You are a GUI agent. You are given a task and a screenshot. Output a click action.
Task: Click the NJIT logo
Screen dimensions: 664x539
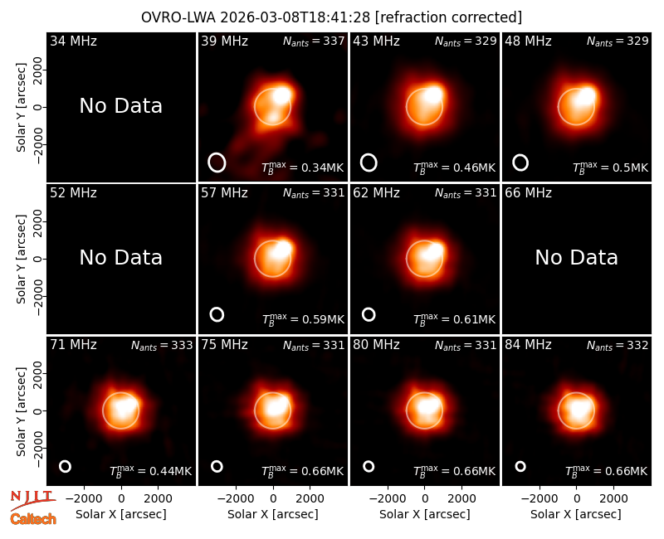pos(32,500)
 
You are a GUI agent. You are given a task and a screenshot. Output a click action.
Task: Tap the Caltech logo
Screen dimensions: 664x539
pos(33,519)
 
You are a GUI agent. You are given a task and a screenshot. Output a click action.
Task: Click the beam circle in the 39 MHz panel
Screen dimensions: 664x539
pos(217,163)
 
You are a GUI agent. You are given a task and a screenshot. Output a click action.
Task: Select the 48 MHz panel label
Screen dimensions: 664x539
pos(528,41)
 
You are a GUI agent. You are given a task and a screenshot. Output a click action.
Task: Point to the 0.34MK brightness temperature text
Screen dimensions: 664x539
pos(323,168)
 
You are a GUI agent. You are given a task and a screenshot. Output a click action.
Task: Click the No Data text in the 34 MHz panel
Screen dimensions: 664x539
pos(120,105)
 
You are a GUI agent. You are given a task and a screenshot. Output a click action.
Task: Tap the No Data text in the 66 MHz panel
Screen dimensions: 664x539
pos(576,257)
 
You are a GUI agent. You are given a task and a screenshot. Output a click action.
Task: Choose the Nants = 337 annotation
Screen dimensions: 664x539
pos(314,41)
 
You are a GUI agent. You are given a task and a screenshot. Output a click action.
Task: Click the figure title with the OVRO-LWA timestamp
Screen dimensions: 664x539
pos(331,17)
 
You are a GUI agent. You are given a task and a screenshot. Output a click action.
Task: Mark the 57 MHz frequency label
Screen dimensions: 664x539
pos(224,193)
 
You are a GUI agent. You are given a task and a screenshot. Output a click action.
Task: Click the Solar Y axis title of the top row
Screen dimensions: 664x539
pos(21,108)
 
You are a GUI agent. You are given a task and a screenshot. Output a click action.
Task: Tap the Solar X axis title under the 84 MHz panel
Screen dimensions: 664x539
pos(576,514)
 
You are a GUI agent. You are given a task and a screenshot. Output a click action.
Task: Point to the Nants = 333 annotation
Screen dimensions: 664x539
pos(162,346)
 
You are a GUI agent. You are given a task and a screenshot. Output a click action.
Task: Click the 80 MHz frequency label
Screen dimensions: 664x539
pos(376,345)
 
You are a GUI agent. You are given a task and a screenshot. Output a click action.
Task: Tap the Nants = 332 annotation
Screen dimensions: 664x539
pos(618,346)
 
